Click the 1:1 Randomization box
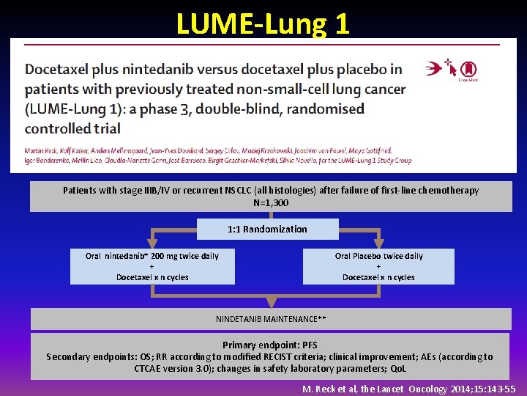tap(267, 229)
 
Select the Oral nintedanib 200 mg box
tap(152, 266)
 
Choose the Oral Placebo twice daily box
tap(378, 266)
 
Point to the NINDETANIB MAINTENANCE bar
tap(270, 319)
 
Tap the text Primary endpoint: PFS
tap(270, 345)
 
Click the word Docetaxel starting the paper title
tap(54, 70)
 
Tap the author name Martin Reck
tap(40, 150)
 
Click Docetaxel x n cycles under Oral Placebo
tap(378, 277)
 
